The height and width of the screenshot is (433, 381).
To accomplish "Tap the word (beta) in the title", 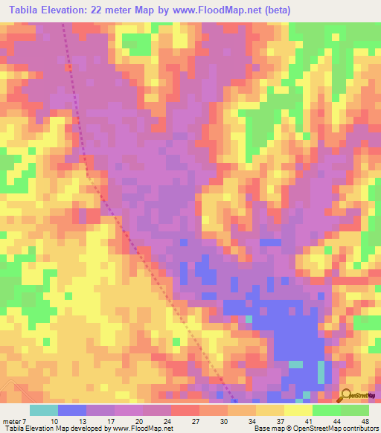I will [x=275, y=10].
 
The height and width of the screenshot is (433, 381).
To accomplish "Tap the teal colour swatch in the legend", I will [x=44, y=409].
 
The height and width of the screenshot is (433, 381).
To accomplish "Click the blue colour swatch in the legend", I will [x=72, y=409].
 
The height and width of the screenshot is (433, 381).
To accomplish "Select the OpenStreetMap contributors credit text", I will [x=339, y=429].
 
